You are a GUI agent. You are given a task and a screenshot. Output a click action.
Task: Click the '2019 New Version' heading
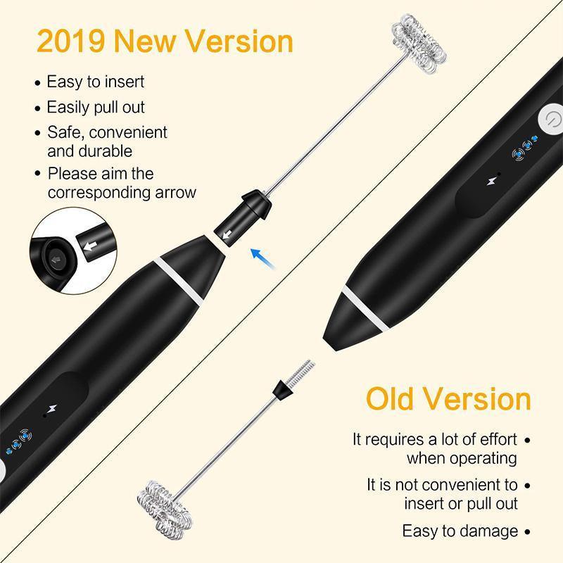[164, 41]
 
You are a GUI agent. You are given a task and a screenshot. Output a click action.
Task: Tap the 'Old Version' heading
[448, 398]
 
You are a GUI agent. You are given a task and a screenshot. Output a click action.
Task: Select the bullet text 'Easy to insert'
[95, 82]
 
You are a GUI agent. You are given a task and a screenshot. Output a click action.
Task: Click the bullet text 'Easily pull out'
[95, 107]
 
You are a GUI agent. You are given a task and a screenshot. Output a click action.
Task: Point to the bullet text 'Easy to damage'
[460, 531]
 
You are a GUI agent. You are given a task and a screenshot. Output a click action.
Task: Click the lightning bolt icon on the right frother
[491, 182]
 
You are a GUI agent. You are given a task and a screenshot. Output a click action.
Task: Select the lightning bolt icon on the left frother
[51, 409]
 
